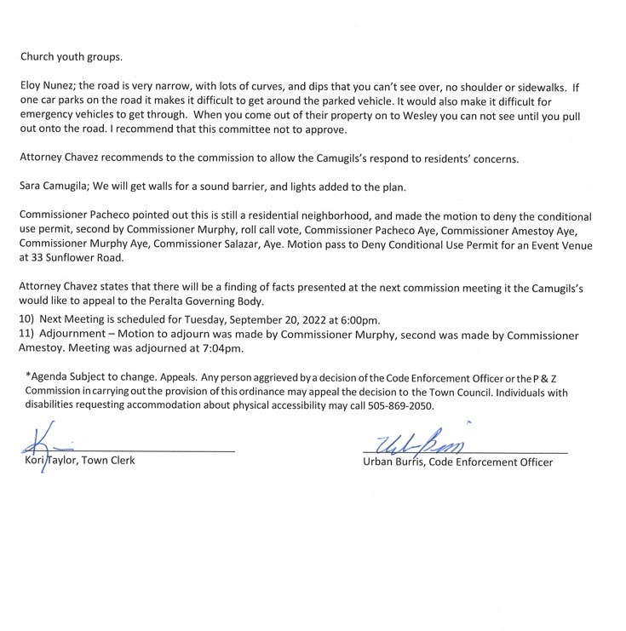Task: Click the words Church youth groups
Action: tap(72, 57)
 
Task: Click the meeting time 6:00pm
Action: tap(355, 319)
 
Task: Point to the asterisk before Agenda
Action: tap(28, 376)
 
